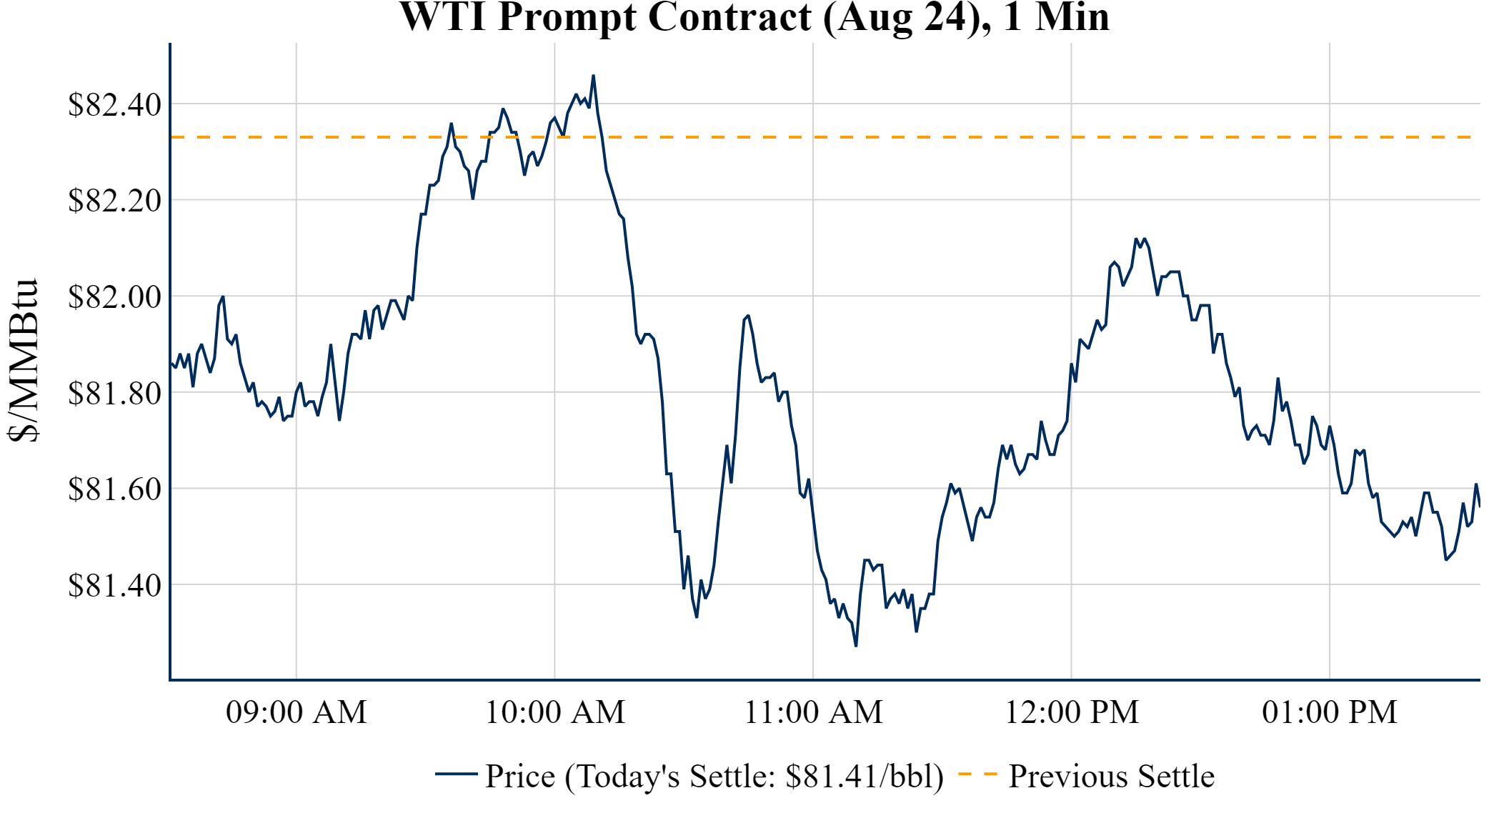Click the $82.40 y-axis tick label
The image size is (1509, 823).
(114, 105)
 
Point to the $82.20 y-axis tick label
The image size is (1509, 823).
(114, 201)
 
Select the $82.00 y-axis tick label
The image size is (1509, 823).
(114, 297)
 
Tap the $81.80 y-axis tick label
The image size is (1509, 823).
(114, 393)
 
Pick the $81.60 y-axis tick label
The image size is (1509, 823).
(114, 489)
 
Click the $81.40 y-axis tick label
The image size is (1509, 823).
(114, 585)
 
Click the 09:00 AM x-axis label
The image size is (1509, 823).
(297, 712)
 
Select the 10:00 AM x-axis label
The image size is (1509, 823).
(555, 712)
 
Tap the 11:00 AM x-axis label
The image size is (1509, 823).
(814, 712)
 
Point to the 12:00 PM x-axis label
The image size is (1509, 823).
(1072, 712)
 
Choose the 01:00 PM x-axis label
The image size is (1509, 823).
(1330, 712)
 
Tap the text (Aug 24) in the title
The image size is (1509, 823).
(907, 17)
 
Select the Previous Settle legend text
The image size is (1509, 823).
(1111, 777)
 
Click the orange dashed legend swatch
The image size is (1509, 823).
(977, 774)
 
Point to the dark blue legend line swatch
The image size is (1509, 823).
(456, 774)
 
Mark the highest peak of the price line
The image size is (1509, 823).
(593, 76)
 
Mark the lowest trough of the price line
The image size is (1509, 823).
(856, 646)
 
